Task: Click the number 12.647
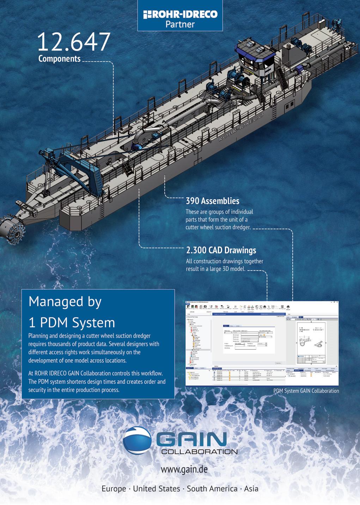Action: coord(73,42)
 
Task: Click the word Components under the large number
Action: coord(59,59)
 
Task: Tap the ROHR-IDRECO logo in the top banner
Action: coord(180,14)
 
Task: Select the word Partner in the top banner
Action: coord(180,24)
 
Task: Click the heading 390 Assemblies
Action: coord(212,201)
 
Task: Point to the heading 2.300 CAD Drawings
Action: coord(221,250)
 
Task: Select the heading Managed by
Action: coord(65,302)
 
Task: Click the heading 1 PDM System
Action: coord(72,323)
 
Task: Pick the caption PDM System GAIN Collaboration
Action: coord(306,391)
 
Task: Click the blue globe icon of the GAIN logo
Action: coord(138,440)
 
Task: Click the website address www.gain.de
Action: coord(184,469)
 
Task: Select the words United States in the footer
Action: coord(156,489)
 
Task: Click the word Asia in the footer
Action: coord(251,489)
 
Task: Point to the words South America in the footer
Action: coord(212,489)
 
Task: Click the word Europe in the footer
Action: coord(114,489)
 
